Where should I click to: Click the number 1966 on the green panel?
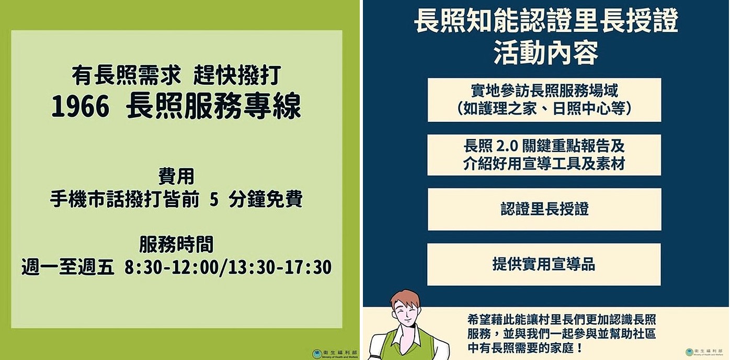pyautogui.click(x=80, y=107)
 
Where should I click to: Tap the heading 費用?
pyautogui.click(x=176, y=176)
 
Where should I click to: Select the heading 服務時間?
pyautogui.click(x=176, y=244)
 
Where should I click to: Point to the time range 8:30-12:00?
pyautogui.click(x=171, y=267)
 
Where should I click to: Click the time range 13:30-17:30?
pyautogui.click(x=280, y=267)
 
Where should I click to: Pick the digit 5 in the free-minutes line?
pyautogui.click(x=214, y=199)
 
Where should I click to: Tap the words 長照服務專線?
pyautogui.click(x=213, y=106)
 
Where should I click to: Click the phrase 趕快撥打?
pyautogui.click(x=237, y=75)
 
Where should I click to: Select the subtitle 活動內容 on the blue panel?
pyautogui.click(x=546, y=53)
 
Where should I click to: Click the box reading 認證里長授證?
pyautogui.click(x=544, y=209)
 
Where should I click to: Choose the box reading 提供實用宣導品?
pyautogui.click(x=544, y=264)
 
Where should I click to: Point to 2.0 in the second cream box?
pyautogui.click(x=507, y=147)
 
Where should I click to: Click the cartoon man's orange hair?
pyautogui.click(x=405, y=298)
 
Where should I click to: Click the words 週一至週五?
pyautogui.click(x=68, y=267)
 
